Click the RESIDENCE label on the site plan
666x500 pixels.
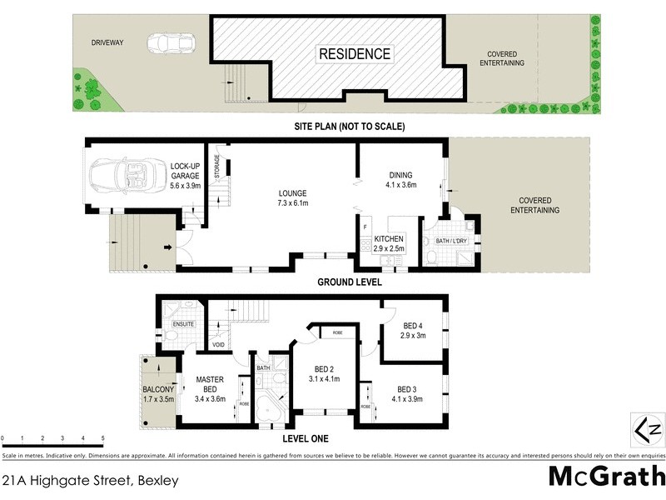coord(354,54)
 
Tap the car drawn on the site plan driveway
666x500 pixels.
coord(171,43)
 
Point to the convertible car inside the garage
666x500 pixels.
coord(127,174)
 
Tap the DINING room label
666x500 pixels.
coord(401,175)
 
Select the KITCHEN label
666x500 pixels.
coord(389,239)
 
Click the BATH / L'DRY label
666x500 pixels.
coord(451,242)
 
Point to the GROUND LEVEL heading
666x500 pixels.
coord(349,282)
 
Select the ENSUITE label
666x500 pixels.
coord(183,324)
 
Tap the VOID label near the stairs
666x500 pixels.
coord(219,343)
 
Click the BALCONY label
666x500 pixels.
coord(158,390)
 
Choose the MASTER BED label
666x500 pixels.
coord(211,384)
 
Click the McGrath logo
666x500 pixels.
coord(607,476)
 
